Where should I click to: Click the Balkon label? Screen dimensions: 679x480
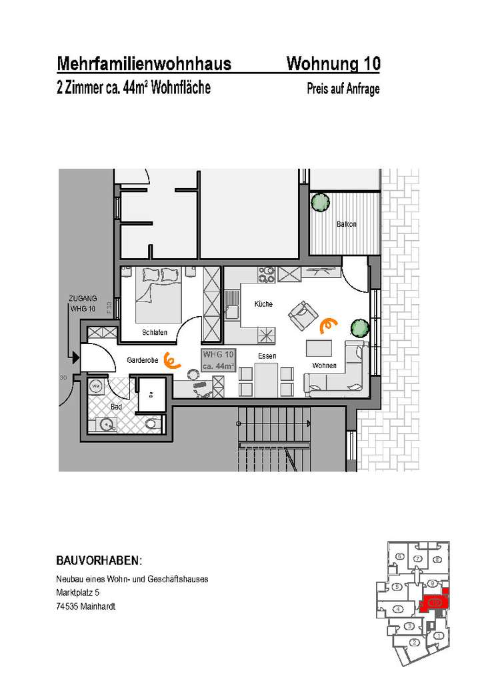[x=347, y=225]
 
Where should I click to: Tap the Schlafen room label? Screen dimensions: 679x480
[x=154, y=332]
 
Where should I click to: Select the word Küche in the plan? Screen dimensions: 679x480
[x=263, y=304]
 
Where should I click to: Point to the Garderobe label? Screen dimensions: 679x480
[x=143, y=360]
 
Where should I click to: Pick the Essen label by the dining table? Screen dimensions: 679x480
[x=267, y=356]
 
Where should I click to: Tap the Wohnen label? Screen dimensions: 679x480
[x=324, y=366]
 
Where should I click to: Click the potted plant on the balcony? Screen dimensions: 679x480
[x=321, y=201]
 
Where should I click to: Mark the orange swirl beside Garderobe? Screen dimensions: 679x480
[x=171, y=361]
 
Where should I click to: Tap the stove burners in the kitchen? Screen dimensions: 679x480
[x=267, y=274]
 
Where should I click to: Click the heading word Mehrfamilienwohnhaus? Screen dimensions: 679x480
[x=144, y=64]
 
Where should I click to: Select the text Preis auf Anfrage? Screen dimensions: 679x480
[x=343, y=89]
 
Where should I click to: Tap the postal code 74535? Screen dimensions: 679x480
[x=68, y=606]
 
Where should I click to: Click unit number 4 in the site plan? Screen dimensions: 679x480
[x=397, y=609]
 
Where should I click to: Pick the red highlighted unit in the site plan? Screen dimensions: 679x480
[x=433, y=602]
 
